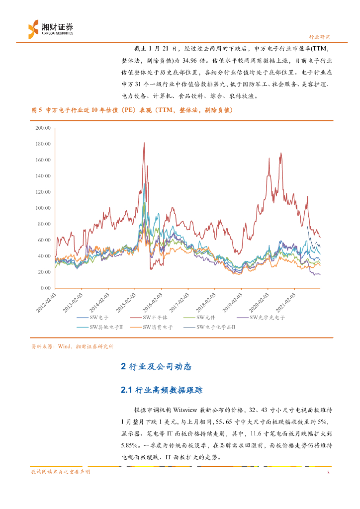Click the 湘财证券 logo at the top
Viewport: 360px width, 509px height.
[50, 28]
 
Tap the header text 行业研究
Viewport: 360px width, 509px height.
[320, 37]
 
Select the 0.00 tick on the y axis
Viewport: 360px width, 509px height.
[46, 288]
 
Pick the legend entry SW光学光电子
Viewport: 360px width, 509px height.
[267, 317]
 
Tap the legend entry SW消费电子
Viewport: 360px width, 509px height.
[158, 327]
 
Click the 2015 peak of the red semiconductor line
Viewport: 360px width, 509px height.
[144, 143]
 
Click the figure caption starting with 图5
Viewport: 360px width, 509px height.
[132, 110]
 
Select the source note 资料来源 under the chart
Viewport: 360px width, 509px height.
[72, 346]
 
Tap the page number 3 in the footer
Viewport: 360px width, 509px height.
[328, 472]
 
